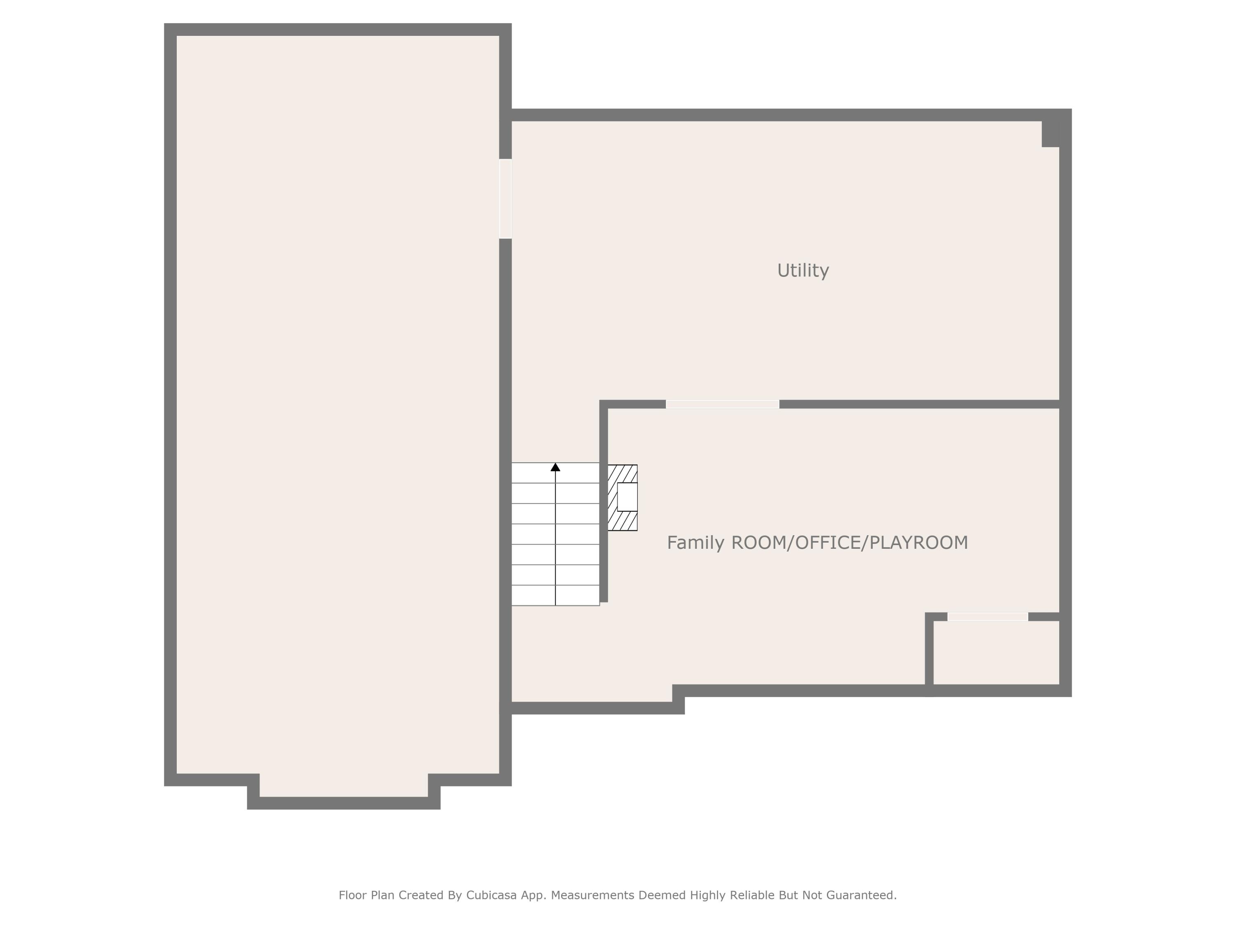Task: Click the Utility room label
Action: click(x=803, y=270)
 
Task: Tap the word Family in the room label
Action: click(x=695, y=543)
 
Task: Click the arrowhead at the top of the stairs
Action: click(x=555, y=467)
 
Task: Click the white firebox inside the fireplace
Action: click(x=627, y=497)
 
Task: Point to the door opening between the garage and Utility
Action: click(x=505, y=199)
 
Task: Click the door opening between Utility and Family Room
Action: click(x=723, y=405)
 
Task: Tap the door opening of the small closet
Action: click(x=987, y=617)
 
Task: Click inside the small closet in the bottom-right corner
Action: click(x=996, y=653)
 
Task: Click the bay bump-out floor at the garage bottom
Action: click(x=344, y=786)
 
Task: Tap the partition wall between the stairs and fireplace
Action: click(x=604, y=503)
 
